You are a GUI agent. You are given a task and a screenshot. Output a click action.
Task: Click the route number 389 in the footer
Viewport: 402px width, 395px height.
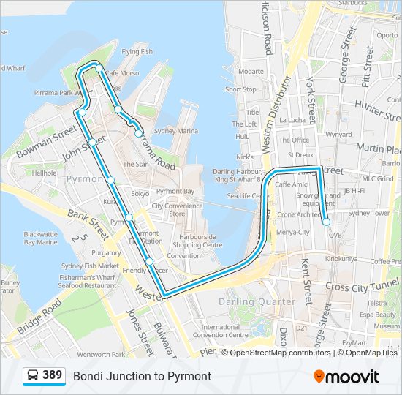pyautogui.click(x=52, y=375)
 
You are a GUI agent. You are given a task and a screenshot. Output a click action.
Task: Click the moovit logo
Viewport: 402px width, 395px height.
pyautogui.click(x=346, y=377)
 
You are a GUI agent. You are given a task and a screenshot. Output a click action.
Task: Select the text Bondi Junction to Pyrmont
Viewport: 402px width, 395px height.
pyautogui.click(x=142, y=376)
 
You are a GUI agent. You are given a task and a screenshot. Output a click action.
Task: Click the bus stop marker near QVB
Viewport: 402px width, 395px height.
pyautogui.click(x=326, y=222)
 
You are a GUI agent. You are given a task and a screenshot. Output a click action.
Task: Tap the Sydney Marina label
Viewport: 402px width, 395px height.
pyautogui.click(x=176, y=131)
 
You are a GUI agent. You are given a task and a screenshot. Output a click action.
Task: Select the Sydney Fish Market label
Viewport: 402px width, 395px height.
pyautogui.click(x=91, y=266)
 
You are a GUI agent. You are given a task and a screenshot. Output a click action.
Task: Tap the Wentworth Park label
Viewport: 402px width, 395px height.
pyautogui.click(x=100, y=354)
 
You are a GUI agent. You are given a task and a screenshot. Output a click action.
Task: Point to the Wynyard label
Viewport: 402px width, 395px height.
pyautogui.click(x=338, y=135)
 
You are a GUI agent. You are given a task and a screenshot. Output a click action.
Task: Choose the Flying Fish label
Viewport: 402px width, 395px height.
pyautogui.click(x=137, y=52)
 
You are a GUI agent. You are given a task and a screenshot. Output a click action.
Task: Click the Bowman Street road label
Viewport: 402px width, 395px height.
pyautogui.click(x=47, y=141)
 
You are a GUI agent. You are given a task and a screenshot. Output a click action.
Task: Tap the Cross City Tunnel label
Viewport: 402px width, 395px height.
pyautogui.click(x=362, y=286)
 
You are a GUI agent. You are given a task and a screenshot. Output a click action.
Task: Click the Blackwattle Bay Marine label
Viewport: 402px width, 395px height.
pyautogui.click(x=41, y=238)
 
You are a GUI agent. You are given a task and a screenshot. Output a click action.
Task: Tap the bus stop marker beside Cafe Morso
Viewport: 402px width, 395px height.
pyautogui.click(x=98, y=68)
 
